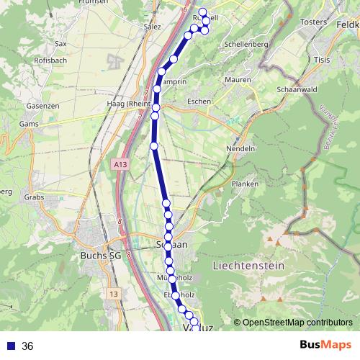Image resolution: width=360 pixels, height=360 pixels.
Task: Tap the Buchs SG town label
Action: click(x=100, y=256)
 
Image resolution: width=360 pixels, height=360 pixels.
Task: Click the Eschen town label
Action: click(x=198, y=102)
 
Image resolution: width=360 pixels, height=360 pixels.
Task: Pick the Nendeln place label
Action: click(x=243, y=148)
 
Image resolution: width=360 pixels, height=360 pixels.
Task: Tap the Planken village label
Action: click(x=240, y=184)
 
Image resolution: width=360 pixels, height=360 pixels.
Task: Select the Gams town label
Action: click(x=29, y=124)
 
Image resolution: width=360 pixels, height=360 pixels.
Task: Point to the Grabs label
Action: click(x=33, y=197)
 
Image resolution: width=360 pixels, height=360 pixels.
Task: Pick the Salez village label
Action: click(x=153, y=26)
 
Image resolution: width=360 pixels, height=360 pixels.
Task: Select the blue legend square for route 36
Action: click(x=9, y=346)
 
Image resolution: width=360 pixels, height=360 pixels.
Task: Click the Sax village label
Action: click(x=60, y=44)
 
